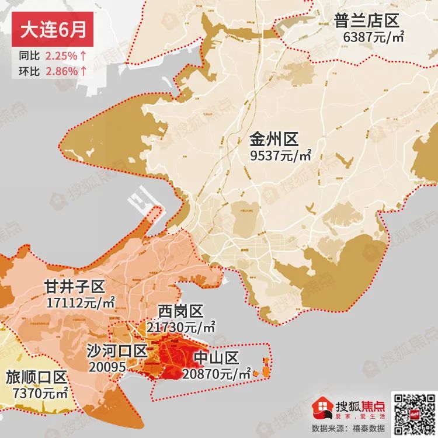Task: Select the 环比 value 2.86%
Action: (x=61, y=71)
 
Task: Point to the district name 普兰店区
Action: (x=366, y=22)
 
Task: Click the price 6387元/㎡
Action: (x=374, y=38)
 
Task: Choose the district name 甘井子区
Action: (x=74, y=287)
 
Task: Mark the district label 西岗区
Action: (x=179, y=311)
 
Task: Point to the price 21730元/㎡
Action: (x=181, y=326)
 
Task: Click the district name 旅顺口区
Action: (x=36, y=378)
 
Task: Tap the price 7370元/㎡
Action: (x=37, y=393)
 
